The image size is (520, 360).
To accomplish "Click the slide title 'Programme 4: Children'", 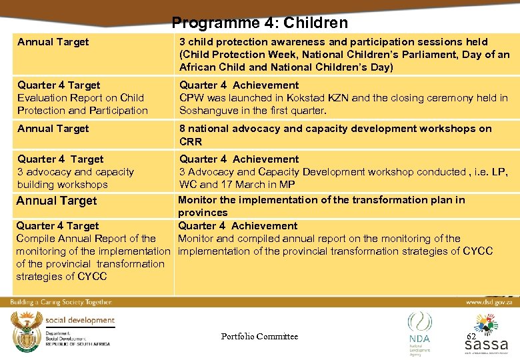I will point(259,23).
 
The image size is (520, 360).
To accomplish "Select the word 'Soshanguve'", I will point(207,111).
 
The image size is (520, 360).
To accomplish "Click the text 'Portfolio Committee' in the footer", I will point(259,337).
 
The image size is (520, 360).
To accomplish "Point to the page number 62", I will point(471,337).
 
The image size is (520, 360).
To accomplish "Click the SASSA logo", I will point(486,337).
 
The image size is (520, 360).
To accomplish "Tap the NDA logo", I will point(420,333).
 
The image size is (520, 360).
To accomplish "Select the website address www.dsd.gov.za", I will point(489,302).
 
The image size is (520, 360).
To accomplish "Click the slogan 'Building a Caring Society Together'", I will point(61,302).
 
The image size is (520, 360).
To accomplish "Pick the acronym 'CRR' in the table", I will point(191,141).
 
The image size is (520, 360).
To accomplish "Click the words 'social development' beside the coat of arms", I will point(80,320).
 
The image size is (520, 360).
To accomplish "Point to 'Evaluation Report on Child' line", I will point(81,98).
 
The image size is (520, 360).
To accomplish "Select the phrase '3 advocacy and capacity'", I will point(75,172).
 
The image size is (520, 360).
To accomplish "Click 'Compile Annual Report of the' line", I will point(86,239).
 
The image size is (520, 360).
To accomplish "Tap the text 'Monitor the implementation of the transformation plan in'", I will point(321,200).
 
